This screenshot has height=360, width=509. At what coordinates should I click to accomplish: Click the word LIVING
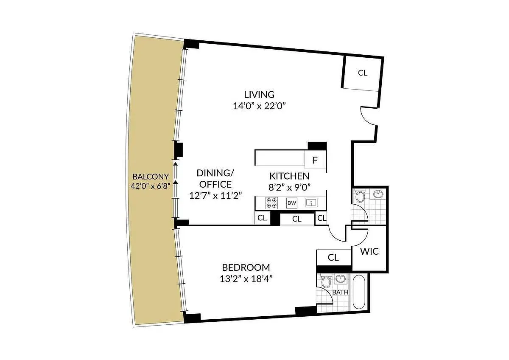(x=259, y=95)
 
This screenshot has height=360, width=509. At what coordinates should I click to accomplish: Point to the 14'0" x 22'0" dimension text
(x=259, y=106)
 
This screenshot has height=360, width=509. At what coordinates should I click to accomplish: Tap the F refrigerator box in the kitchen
(x=315, y=160)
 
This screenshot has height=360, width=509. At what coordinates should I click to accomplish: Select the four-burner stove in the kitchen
(x=271, y=203)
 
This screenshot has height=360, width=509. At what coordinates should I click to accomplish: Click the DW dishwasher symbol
(x=291, y=203)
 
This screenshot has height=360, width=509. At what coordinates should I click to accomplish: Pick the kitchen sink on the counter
(x=312, y=203)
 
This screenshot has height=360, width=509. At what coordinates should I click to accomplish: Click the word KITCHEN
(x=289, y=176)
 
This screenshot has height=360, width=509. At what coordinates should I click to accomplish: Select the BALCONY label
(x=151, y=177)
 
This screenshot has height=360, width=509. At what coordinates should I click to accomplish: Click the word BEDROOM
(x=246, y=267)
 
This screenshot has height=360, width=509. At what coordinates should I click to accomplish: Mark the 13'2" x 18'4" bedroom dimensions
(x=246, y=279)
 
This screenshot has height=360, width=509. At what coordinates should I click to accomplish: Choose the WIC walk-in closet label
(x=369, y=251)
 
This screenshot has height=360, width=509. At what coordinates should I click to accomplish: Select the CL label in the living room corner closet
(x=362, y=73)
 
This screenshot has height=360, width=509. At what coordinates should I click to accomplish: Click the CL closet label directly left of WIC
(x=333, y=257)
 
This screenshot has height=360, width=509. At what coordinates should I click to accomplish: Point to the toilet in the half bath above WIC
(x=360, y=197)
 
